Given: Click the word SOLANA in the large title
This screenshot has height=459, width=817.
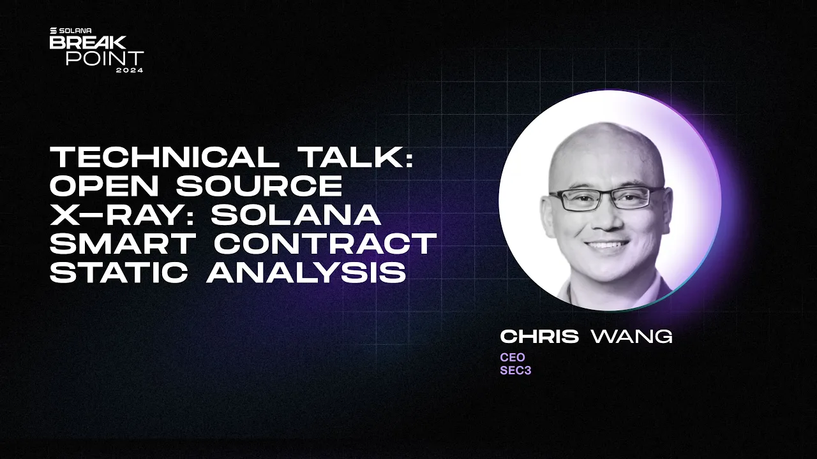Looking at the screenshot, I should (x=296, y=215).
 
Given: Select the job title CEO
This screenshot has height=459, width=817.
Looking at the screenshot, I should (x=512, y=357).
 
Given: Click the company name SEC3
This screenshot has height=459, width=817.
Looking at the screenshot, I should (x=515, y=370).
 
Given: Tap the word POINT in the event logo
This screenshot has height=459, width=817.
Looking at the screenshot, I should (x=105, y=58).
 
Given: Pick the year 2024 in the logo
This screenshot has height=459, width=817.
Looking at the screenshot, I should (x=130, y=70).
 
